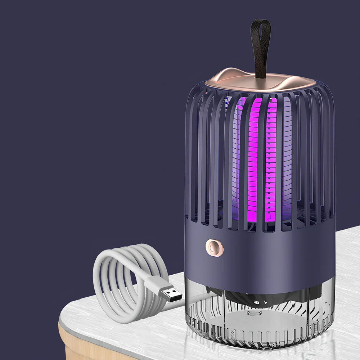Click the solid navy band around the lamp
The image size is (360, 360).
click(x=274, y=252)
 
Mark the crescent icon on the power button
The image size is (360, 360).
click(x=214, y=248)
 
